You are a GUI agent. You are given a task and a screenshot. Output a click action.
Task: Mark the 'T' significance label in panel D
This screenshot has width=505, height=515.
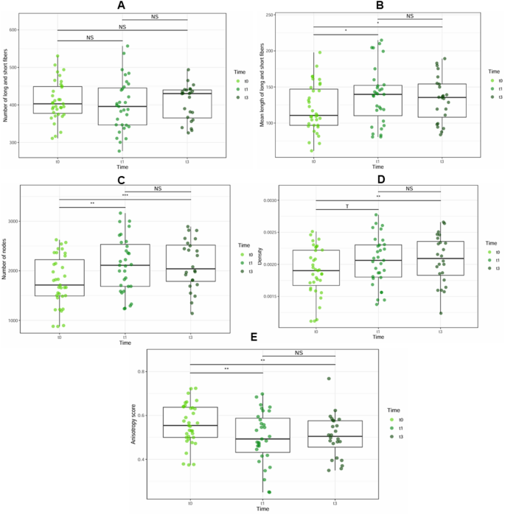coord(346,207)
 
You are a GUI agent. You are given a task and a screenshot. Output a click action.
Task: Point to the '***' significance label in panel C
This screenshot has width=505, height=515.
coord(125,195)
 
